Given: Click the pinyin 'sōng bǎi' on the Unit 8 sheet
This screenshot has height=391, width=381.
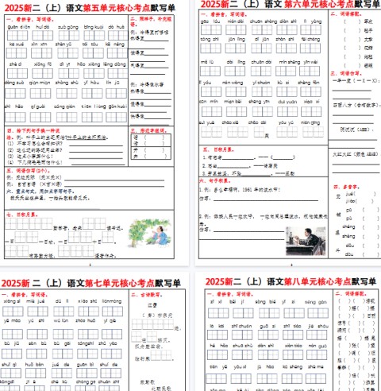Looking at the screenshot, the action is pyautogui.click(x=265, y=302).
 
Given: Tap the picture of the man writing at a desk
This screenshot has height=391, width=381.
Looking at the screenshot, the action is pyautogui.click(x=302, y=238).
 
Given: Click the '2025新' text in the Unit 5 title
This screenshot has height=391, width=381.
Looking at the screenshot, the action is pyautogui.click(x=19, y=7).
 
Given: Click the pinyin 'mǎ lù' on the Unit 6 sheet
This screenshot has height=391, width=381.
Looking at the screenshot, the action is pyautogui.click(x=207, y=59).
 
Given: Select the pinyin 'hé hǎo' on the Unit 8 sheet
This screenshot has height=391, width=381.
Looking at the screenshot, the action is pyautogui.click(x=211, y=346).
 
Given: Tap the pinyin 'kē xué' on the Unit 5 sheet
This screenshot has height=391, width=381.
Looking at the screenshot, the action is pyautogui.click(x=17, y=45).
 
